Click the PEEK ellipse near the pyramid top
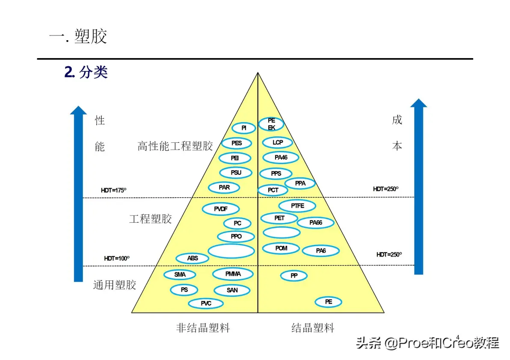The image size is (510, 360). [271, 124]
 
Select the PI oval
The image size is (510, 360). [244, 128]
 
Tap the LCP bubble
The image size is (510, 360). [278, 142]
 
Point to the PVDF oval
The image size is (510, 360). [221, 209]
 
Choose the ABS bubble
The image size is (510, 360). [193, 258]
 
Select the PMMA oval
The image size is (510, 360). [233, 274]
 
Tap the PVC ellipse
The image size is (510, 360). [206, 304]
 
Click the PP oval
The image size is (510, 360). [294, 276]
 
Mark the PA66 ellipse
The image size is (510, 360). [316, 223]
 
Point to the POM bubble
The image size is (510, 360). [282, 248]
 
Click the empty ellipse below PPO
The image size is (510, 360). [231, 251]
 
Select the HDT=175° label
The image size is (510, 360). [113, 190]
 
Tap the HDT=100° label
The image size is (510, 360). [117, 258]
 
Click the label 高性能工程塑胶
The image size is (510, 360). [175, 146]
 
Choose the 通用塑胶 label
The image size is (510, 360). [115, 285]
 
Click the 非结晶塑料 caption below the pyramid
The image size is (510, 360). [203, 328]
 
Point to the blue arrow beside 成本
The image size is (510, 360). [418, 186]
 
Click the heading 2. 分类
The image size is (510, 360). [86, 72]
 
